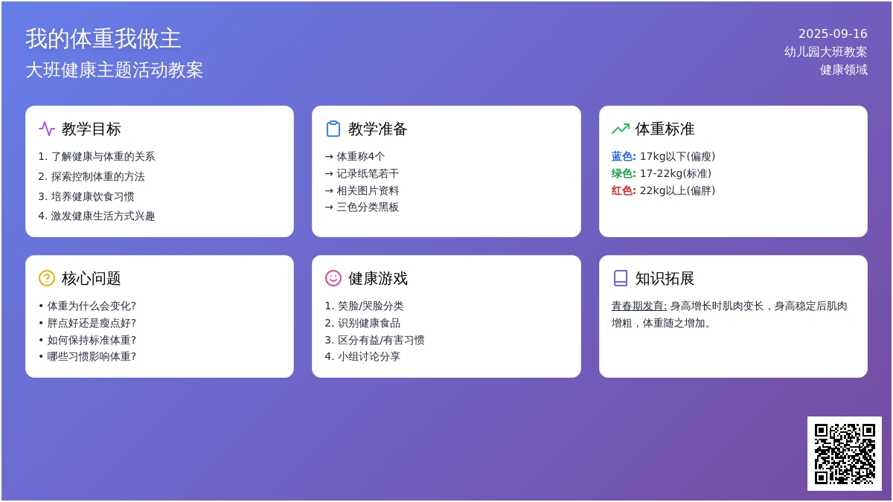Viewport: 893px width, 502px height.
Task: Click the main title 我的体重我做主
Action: [103, 39]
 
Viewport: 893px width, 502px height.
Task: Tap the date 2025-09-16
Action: [833, 34]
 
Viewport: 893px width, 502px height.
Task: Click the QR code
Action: [845, 454]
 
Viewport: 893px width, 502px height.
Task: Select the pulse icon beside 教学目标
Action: [47, 129]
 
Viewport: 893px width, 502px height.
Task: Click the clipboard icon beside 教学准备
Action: [333, 129]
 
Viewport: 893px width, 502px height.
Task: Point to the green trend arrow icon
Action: [621, 129]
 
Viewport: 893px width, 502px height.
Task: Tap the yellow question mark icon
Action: [47, 278]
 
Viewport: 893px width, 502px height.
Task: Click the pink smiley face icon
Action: [333, 278]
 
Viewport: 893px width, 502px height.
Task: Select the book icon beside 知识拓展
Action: [621, 278]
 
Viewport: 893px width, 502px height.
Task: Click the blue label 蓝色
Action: [624, 156]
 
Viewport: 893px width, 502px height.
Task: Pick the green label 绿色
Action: [624, 173]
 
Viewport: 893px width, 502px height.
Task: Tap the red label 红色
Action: [624, 190]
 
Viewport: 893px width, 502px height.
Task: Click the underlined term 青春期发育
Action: [639, 306]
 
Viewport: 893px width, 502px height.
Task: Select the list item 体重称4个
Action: [360, 156]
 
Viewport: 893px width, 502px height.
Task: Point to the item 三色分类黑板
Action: [368, 207]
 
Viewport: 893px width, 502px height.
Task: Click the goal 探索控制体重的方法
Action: [97, 176]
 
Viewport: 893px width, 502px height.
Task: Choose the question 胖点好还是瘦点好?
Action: [92, 323]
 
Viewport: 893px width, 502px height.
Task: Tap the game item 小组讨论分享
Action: [369, 356]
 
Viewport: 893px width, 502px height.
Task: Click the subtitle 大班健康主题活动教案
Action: [115, 70]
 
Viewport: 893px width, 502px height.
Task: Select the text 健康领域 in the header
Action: [844, 70]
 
